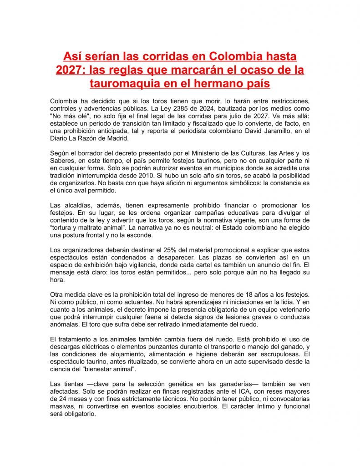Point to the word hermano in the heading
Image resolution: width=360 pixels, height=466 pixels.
tap(211, 84)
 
